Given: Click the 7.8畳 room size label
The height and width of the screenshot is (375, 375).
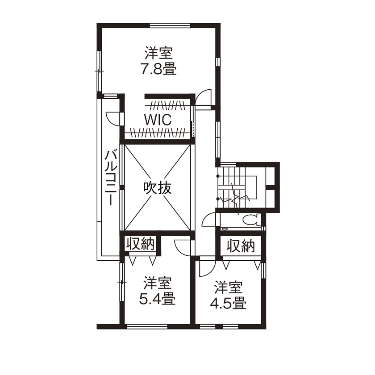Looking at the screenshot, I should coord(158,70).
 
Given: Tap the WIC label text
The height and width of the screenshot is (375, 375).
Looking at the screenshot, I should coord(158,120).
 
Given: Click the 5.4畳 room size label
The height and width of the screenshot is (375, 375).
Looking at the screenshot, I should coord(157,299).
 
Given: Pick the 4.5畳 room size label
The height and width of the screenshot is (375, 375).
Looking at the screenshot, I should coord(228,303).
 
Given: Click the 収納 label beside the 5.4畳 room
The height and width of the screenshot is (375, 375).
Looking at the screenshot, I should coord(140,244).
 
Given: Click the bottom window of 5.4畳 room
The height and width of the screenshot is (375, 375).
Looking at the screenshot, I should coord(146,326).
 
